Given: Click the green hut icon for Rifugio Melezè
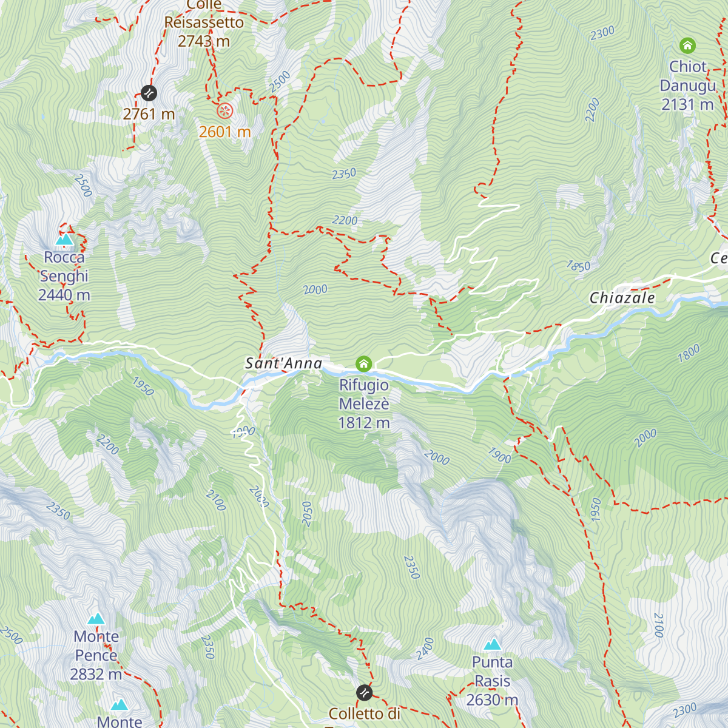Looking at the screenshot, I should pyautogui.click(x=363, y=363).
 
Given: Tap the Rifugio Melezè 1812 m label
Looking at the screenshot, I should pyautogui.click(x=364, y=404).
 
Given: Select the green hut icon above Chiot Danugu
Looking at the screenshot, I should pyautogui.click(x=687, y=45).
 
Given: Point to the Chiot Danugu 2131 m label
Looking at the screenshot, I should pyautogui.click(x=688, y=86).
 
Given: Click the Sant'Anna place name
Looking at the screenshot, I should pyautogui.click(x=283, y=363).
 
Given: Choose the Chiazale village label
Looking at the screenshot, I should pyautogui.click(x=622, y=298).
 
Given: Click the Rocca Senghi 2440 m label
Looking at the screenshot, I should pyautogui.click(x=64, y=276).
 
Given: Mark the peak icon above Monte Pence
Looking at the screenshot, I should pyautogui.click(x=96, y=619).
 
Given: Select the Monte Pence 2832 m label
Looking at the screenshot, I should pyautogui.click(x=96, y=655).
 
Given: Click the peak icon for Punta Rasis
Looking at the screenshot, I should pyautogui.click(x=493, y=644).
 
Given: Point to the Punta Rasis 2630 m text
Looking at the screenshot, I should pyautogui.click(x=493, y=681).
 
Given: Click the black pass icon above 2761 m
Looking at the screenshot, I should pyautogui.click(x=149, y=93).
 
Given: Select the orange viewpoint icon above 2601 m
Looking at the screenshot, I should pyautogui.click(x=225, y=110).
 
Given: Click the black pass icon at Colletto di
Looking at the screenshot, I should pyautogui.click(x=364, y=692).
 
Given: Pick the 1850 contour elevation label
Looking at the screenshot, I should pyautogui.click(x=578, y=266).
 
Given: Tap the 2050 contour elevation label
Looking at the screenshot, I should pyautogui.click(x=307, y=514).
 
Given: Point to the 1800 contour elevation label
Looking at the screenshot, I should pyautogui.click(x=689, y=353).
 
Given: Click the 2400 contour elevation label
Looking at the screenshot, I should pyautogui.click(x=425, y=649).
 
